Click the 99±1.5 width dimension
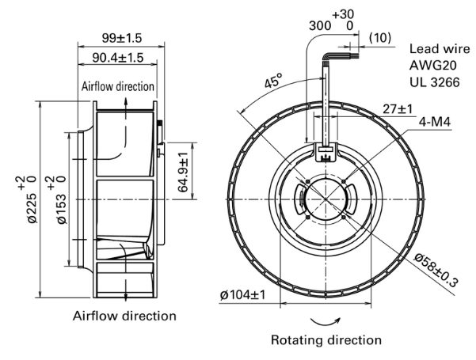pyautogui.click(x=122, y=38)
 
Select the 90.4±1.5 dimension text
pyautogui.click(x=117, y=58)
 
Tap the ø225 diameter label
pyautogui.click(x=32, y=199)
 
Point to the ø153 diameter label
pyautogui.click(x=60, y=199)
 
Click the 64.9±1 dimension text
pyautogui.click(x=183, y=172)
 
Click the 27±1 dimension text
pyautogui.click(x=398, y=108)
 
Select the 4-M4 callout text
pyautogui.click(x=435, y=122)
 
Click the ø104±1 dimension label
pyautogui.click(x=242, y=294)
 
